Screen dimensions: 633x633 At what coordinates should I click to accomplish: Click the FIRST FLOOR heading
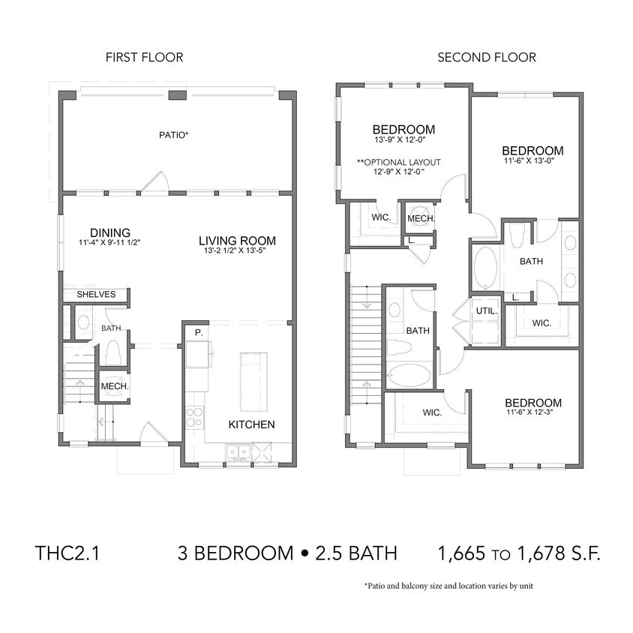(144, 57)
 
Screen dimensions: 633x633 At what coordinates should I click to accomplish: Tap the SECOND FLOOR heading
(487, 57)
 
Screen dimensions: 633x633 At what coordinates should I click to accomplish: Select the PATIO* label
(173, 136)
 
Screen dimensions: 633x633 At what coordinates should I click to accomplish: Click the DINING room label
(110, 232)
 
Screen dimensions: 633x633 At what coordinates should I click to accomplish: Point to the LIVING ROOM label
(237, 241)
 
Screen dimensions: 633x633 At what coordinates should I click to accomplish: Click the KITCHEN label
(251, 424)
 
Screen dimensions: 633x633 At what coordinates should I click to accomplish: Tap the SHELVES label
(96, 294)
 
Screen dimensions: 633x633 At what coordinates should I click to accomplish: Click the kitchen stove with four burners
(194, 416)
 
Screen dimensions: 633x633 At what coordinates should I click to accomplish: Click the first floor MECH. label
(115, 387)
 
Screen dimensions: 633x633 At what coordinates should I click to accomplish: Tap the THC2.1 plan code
(67, 553)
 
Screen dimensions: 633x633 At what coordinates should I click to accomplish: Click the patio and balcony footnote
(448, 586)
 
